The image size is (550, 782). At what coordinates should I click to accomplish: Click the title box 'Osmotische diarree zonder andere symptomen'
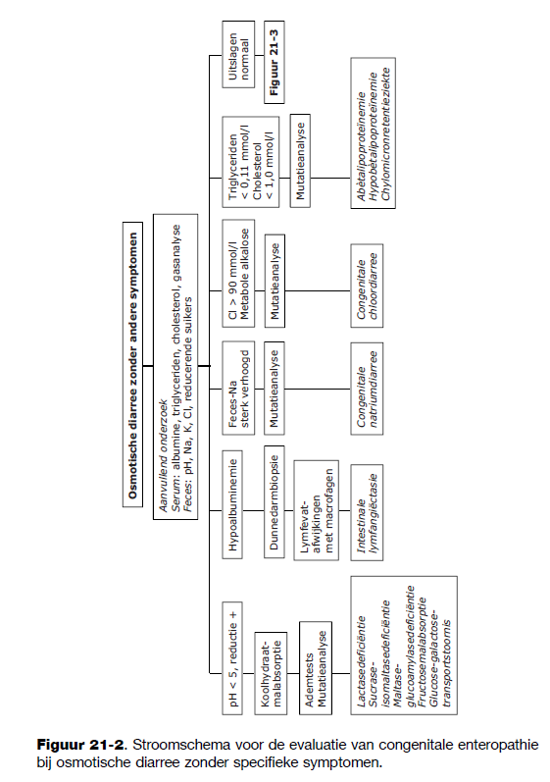point(133,365)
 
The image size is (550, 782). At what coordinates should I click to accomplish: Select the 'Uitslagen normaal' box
point(238,55)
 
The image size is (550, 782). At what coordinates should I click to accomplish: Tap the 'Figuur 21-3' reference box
point(274,62)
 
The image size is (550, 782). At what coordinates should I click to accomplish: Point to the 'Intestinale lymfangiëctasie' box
point(367,513)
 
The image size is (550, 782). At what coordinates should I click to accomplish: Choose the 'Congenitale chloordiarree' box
point(367,286)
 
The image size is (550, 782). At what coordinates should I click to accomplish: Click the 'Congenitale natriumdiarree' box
point(367,389)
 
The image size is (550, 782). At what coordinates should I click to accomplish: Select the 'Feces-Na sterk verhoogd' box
point(238,388)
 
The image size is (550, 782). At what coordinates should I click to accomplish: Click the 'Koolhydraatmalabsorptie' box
point(271,673)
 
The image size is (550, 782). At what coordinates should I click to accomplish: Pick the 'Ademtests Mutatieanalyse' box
point(316,668)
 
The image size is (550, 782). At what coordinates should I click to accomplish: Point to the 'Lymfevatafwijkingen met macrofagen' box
point(316,510)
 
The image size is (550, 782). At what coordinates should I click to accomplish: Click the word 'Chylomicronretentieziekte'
point(385,134)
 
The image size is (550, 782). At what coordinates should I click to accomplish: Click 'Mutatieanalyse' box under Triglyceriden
point(300,162)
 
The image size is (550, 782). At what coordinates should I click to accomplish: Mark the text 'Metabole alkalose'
point(245,274)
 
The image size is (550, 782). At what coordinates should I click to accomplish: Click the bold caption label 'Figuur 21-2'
point(80,746)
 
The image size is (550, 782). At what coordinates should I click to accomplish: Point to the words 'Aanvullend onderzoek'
point(163,456)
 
